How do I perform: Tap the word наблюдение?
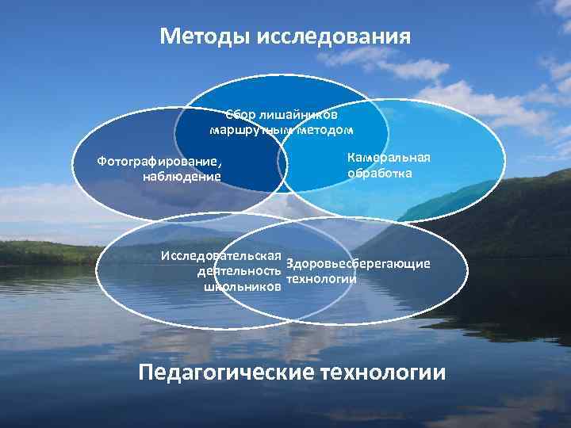[x=182, y=176]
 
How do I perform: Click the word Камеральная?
[x=389, y=157]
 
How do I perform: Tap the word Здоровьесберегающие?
[x=358, y=263]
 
